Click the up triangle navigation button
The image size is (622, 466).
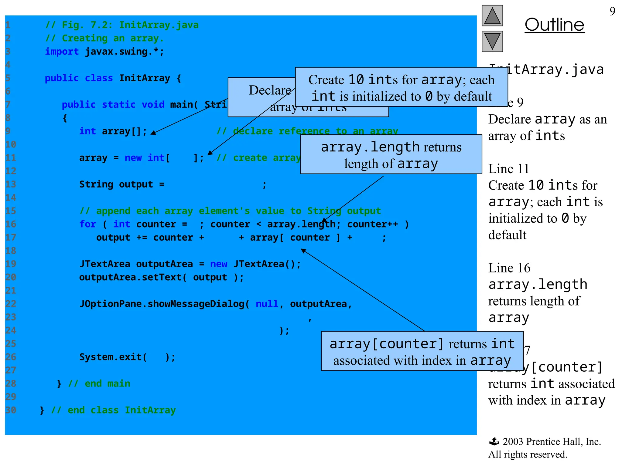tap(492, 16)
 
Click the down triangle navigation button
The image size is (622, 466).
tap(492, 41)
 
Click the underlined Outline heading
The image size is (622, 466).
tap(554, 25)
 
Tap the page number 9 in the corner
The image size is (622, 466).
tap(612, 12)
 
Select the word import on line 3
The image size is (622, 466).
tap(62, 52)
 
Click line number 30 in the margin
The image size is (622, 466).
tap(11, 410)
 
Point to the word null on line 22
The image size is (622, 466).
tap(267, 304)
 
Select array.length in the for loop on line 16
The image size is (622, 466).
tap(301, 224)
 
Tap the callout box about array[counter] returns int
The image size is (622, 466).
tap(422, 351)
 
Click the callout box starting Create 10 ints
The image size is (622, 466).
tap(401, 87)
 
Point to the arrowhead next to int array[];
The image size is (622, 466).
tap(154, 132)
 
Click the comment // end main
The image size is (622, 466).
tap(99, 384)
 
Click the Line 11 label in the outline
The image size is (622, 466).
tap(508, 169)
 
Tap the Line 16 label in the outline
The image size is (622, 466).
tap(509, 268)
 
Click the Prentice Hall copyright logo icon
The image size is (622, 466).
tap(494, 441)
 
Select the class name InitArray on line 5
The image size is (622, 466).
tap(144, 78)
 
